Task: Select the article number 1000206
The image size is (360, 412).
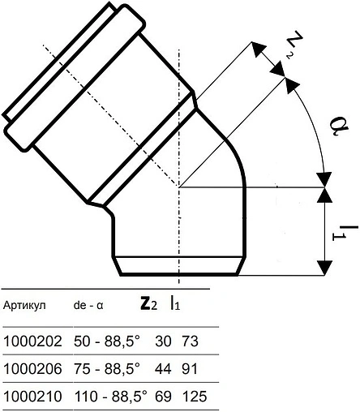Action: tap(32, 369)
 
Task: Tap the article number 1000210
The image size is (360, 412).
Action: tap(32, 397)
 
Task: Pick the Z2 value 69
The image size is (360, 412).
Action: tap(161, 397)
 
